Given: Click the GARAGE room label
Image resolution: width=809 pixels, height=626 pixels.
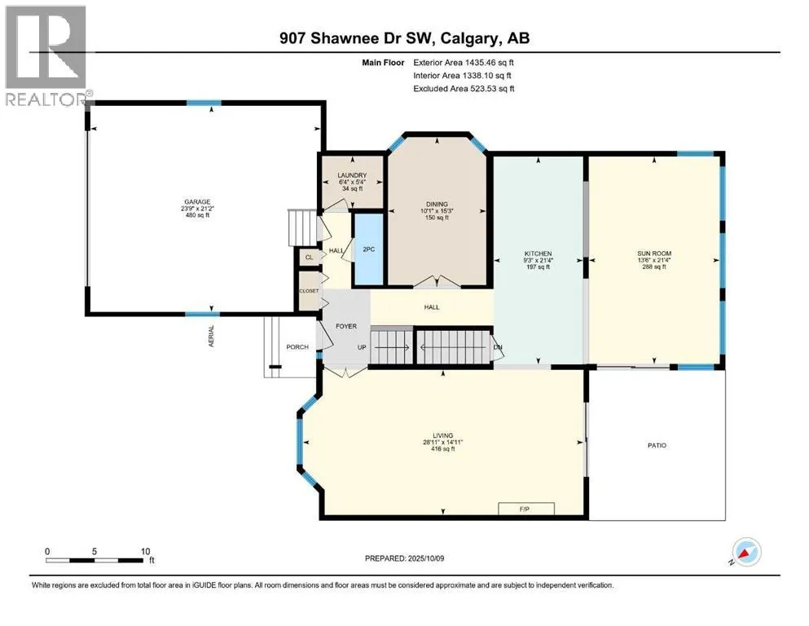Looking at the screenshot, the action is click(x=198, y=202).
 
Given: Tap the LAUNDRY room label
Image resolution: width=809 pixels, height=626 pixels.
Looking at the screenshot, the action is click(x=353, y=175).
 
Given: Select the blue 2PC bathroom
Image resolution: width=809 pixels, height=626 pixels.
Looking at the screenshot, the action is click(x=368, y=249).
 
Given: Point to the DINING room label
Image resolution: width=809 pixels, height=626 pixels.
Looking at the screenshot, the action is click(x=437, y=204).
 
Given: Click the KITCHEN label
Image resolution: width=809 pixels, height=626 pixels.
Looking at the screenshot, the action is click(x=539, y=253).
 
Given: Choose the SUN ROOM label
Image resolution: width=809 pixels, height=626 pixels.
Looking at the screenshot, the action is click(x=654, y=253).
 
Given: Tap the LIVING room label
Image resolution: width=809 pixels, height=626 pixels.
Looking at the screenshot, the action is click(x=442, y=435).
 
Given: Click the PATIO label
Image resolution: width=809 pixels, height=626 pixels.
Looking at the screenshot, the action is click(x=657, y=445).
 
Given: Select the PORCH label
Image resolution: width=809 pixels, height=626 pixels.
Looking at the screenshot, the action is click(x=297, y=346).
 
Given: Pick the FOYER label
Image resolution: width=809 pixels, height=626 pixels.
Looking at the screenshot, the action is click(x=346, y=326).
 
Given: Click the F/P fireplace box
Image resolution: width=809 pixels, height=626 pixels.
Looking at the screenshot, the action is click(x=526, y=509).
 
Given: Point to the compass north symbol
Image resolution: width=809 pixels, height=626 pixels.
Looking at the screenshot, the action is click(x=745, y=553).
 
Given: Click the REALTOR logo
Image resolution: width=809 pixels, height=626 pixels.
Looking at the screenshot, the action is click(x=46, y=55).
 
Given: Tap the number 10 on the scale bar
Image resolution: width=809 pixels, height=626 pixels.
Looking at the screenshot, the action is click(x=146, y=552).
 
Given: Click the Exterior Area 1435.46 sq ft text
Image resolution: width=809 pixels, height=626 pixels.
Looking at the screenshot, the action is click(x=464, y=63).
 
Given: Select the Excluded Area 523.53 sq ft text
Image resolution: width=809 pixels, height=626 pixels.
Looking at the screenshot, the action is click(x=464, y=88).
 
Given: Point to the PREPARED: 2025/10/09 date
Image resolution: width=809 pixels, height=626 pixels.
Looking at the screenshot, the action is click(x=404, y=558).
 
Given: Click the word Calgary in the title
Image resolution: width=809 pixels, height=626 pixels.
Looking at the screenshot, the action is click(x=470, y=38).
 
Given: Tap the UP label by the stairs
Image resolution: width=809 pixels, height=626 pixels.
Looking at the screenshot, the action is click(x=362, y=347).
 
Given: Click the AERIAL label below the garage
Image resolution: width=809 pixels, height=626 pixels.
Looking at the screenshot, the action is click(x=211, y=336).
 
